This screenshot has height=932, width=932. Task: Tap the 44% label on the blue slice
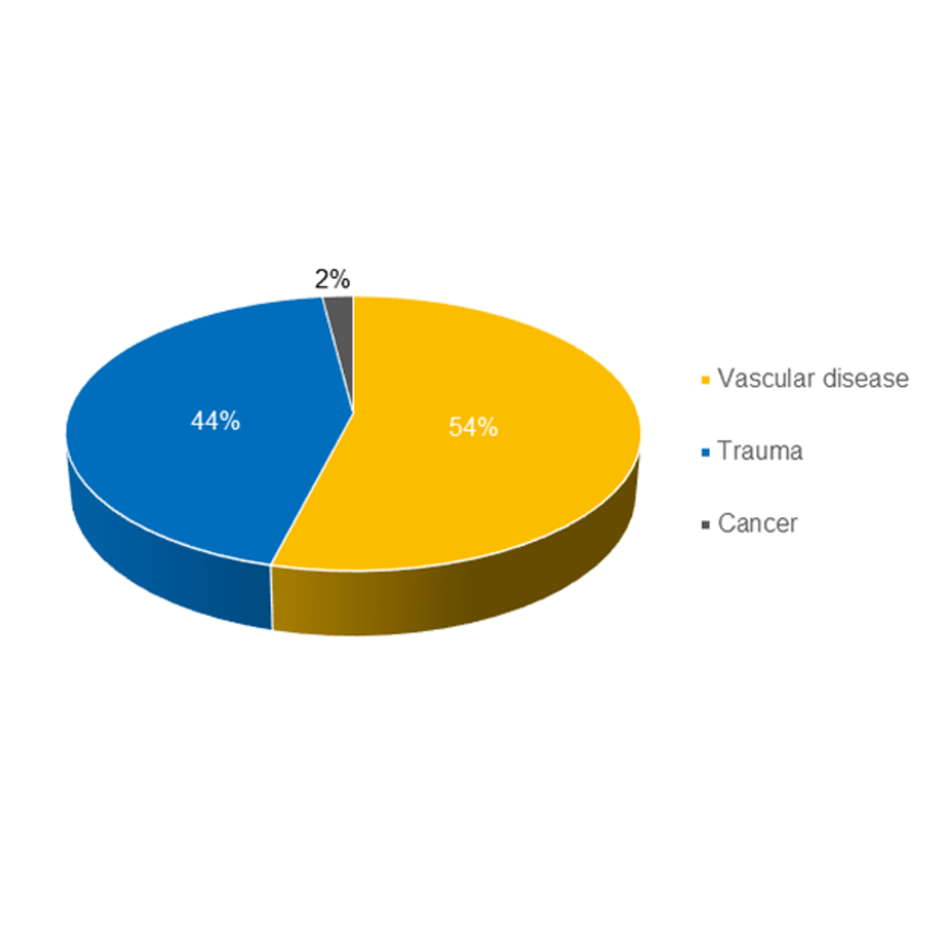pyautogui.click(x=215, y=421)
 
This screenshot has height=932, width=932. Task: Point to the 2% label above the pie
pyautogui.click(x=332, y=279)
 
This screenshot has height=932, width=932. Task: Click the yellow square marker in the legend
pyautogui.click(x=705, y=380)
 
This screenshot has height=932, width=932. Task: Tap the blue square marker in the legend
pyautogui.click(x=705, y=452)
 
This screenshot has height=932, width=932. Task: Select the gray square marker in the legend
pyautogui.click(x=705, y=525)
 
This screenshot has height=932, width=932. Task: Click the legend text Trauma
pyautogui.click(x=760, y=451)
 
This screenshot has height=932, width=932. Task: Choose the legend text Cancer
pyautogui.click(x=757, y=523)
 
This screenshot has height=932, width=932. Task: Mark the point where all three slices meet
pyautogui.click(x=354, y=413)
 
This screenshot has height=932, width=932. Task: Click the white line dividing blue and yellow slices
pyautogui.click(x=313, y=488)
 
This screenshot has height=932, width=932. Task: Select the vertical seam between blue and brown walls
pyautogui.click(x=272, y=597)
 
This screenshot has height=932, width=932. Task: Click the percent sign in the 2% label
pyautogui.click(x=340, y=279)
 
